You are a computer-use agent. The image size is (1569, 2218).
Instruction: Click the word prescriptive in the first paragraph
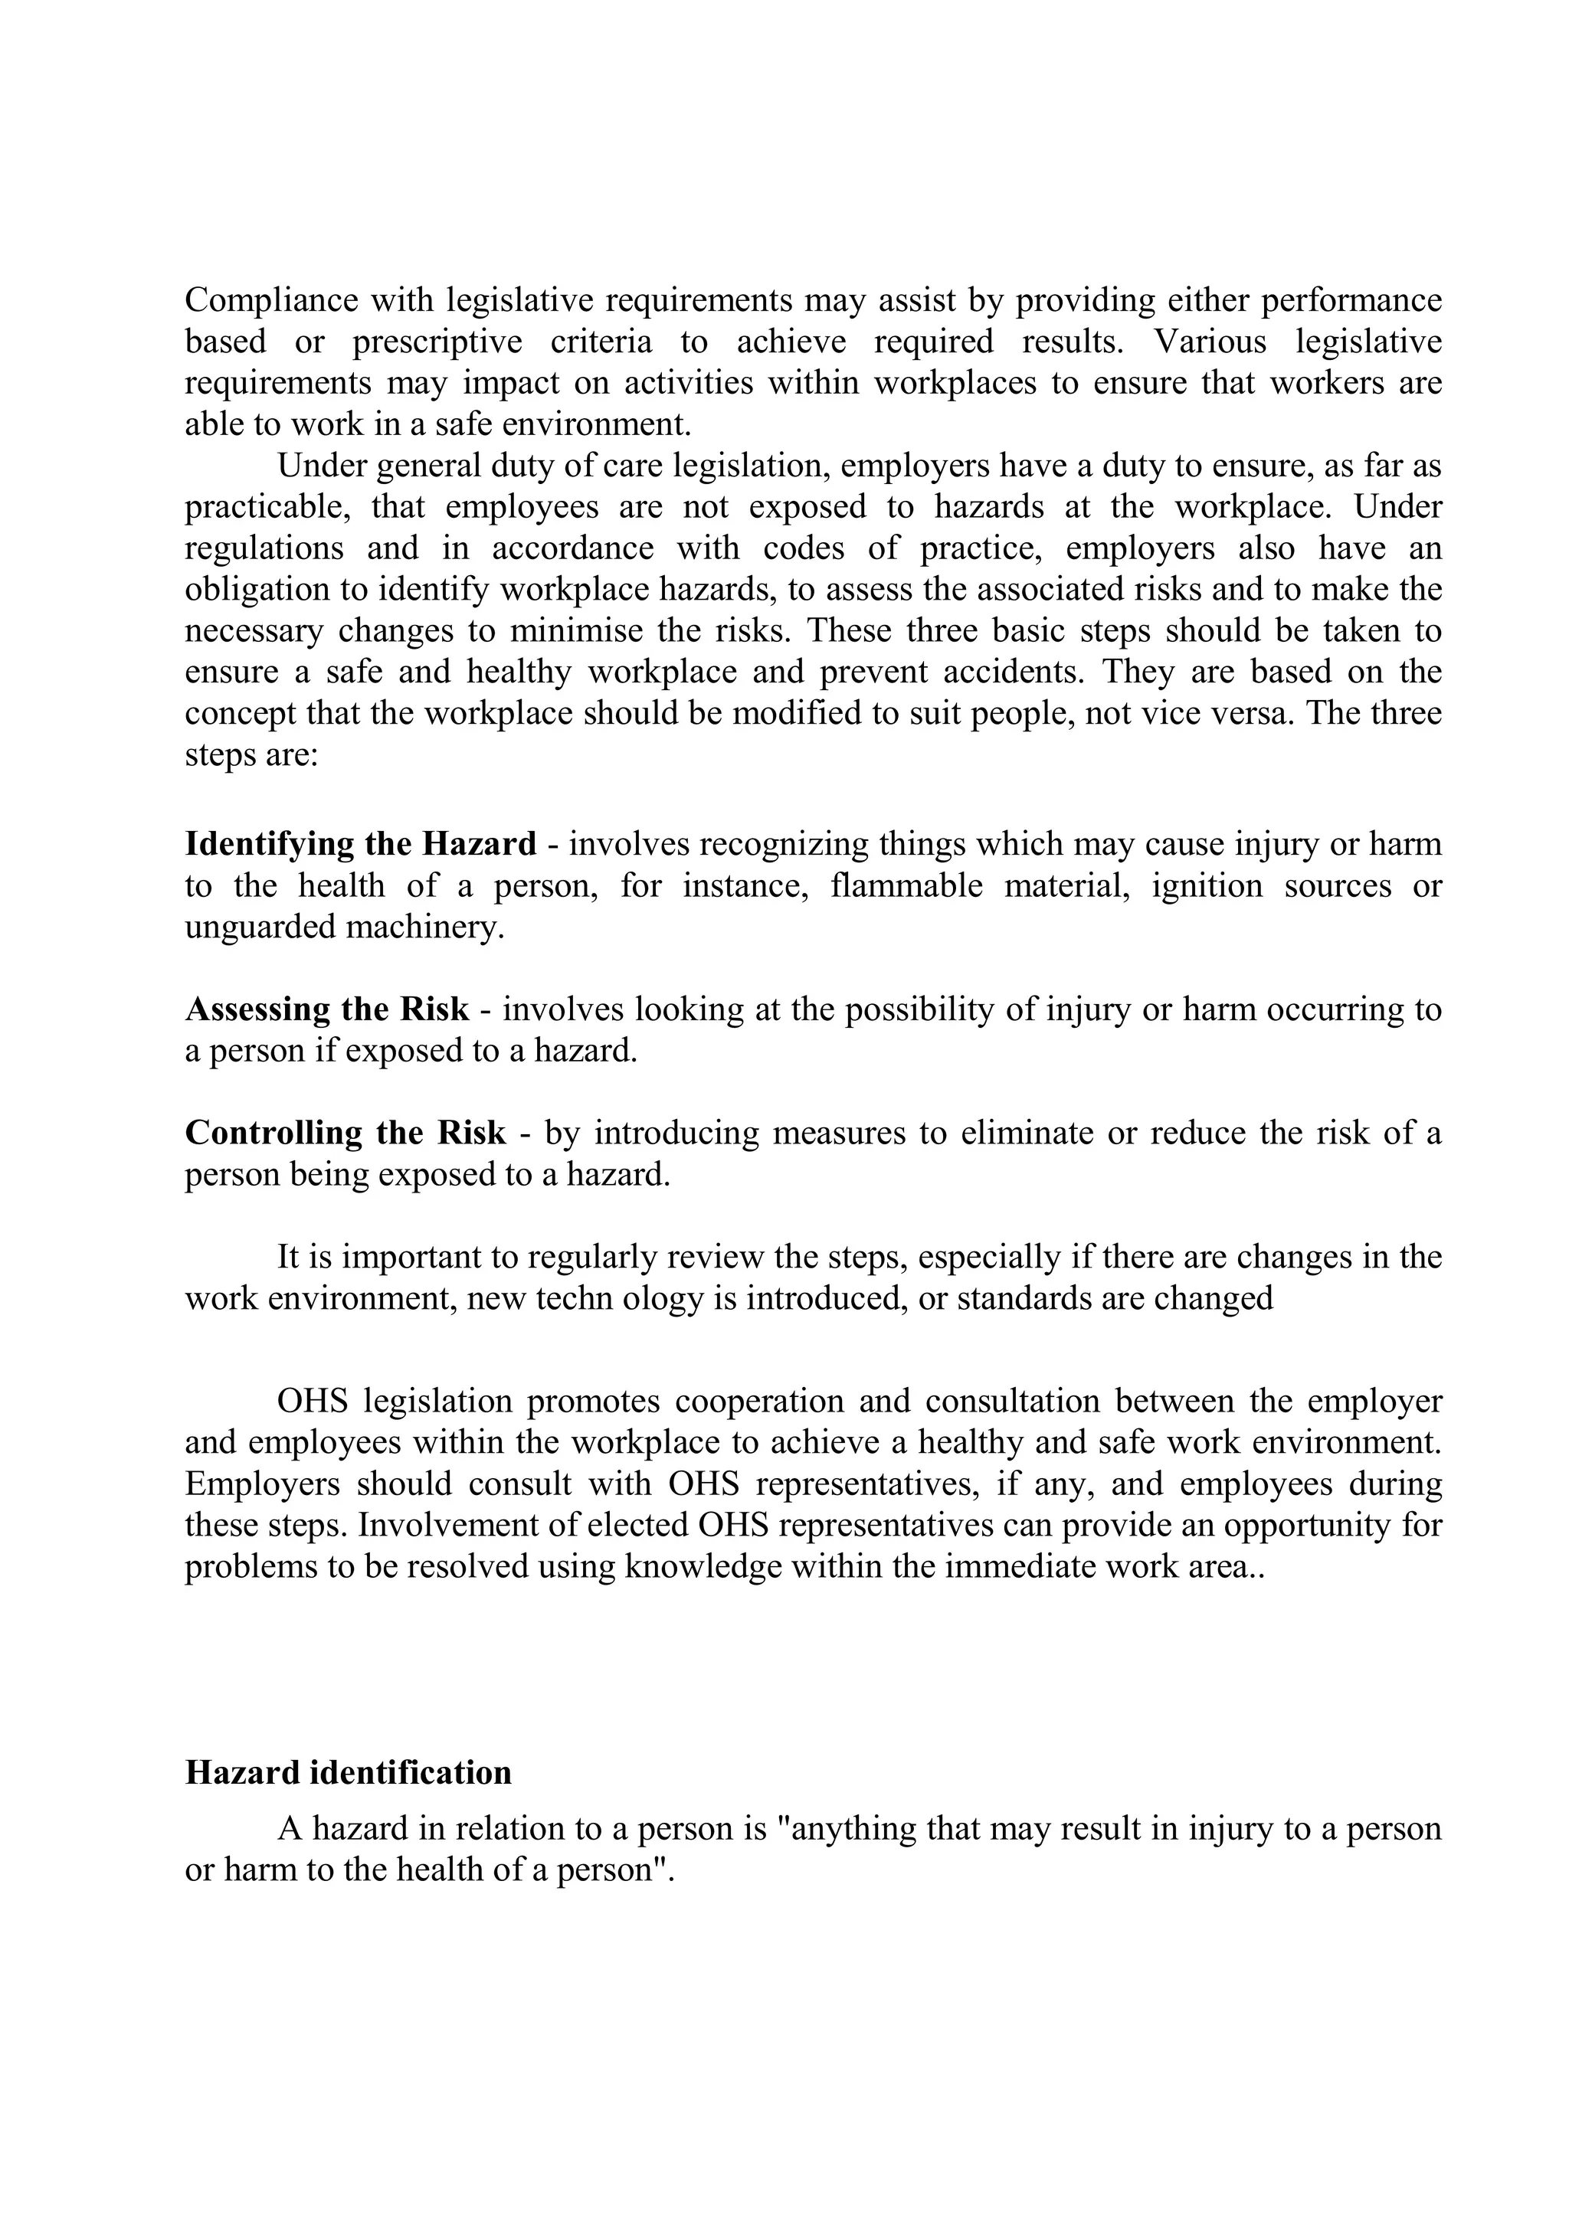click(x=437, y=342)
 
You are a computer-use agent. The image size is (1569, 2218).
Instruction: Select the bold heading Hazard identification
click(x=348, y=1773)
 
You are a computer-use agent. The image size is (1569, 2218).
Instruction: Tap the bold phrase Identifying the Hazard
click(x=360, y=844)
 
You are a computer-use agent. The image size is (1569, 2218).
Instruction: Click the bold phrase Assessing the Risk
click(x=326, y=1009)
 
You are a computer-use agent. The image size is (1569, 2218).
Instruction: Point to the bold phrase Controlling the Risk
click(x=345, y=1132)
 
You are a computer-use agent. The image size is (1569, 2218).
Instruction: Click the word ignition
click(x=1207, y=886)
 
